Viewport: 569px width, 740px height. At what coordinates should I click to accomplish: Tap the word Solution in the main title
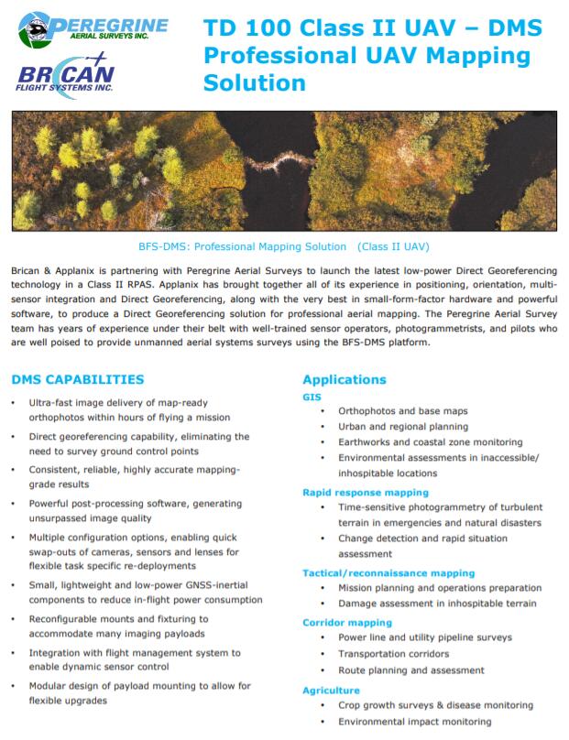[x=255, y=83]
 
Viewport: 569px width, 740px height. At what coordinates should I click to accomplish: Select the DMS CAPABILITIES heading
[x=77, y=379]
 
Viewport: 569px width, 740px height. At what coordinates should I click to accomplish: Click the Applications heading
[x=345, y=379]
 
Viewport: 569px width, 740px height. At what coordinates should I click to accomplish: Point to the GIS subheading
[x=312, y=397]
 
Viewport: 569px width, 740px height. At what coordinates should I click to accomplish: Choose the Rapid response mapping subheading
[x=366, y=493]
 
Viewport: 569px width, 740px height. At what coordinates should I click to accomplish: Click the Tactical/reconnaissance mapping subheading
[x=388, y=573]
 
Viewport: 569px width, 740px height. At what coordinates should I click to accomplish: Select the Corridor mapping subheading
[x=347, y=622]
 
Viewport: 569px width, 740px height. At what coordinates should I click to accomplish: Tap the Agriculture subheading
[x=331, y=690]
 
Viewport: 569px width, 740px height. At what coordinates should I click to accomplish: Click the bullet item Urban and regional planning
[x=403, y=427]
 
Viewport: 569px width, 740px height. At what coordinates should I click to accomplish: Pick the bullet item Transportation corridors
[x=393, y=654]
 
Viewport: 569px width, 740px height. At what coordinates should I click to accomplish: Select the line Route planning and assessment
[x=411, y=670]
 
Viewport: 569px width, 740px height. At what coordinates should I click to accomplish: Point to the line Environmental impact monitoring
[x=414, y=722]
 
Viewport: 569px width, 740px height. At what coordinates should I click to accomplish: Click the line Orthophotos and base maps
[x=403, y=410]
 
